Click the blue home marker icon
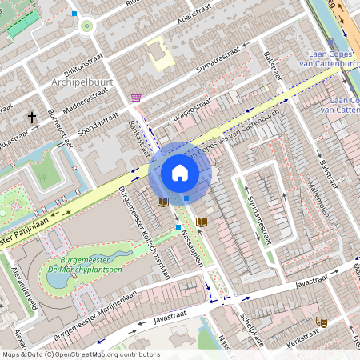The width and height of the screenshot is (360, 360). coord(180,173)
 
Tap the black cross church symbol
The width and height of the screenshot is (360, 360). coord(32,118)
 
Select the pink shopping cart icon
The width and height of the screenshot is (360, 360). coord(136,98)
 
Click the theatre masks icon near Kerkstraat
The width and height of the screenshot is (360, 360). coord(322,322)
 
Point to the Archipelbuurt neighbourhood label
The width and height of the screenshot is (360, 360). coord(81,82)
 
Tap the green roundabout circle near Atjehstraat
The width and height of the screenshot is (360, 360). coord(86,26)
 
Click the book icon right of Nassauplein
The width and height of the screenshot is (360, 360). coord(202,221)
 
